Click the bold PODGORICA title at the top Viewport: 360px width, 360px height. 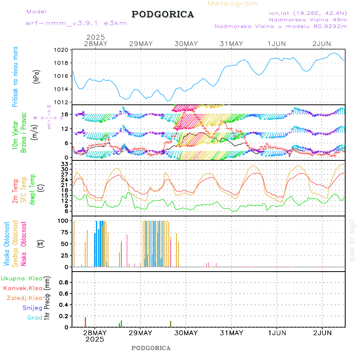[163, 14]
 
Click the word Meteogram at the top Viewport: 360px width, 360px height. [233, 4]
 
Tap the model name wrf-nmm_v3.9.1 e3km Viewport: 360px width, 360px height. [76, 23]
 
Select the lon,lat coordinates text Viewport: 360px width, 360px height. [308, 12]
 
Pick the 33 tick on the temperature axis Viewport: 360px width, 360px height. [64, 164]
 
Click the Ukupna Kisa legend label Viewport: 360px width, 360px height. [22, 278]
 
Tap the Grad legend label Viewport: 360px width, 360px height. [35, 318]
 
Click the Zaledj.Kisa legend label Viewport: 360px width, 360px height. [24, 298]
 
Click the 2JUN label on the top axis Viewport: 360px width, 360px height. [322, 44]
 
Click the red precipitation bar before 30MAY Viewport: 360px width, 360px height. [170, 324]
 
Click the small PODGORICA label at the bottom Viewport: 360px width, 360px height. [151, 348]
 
